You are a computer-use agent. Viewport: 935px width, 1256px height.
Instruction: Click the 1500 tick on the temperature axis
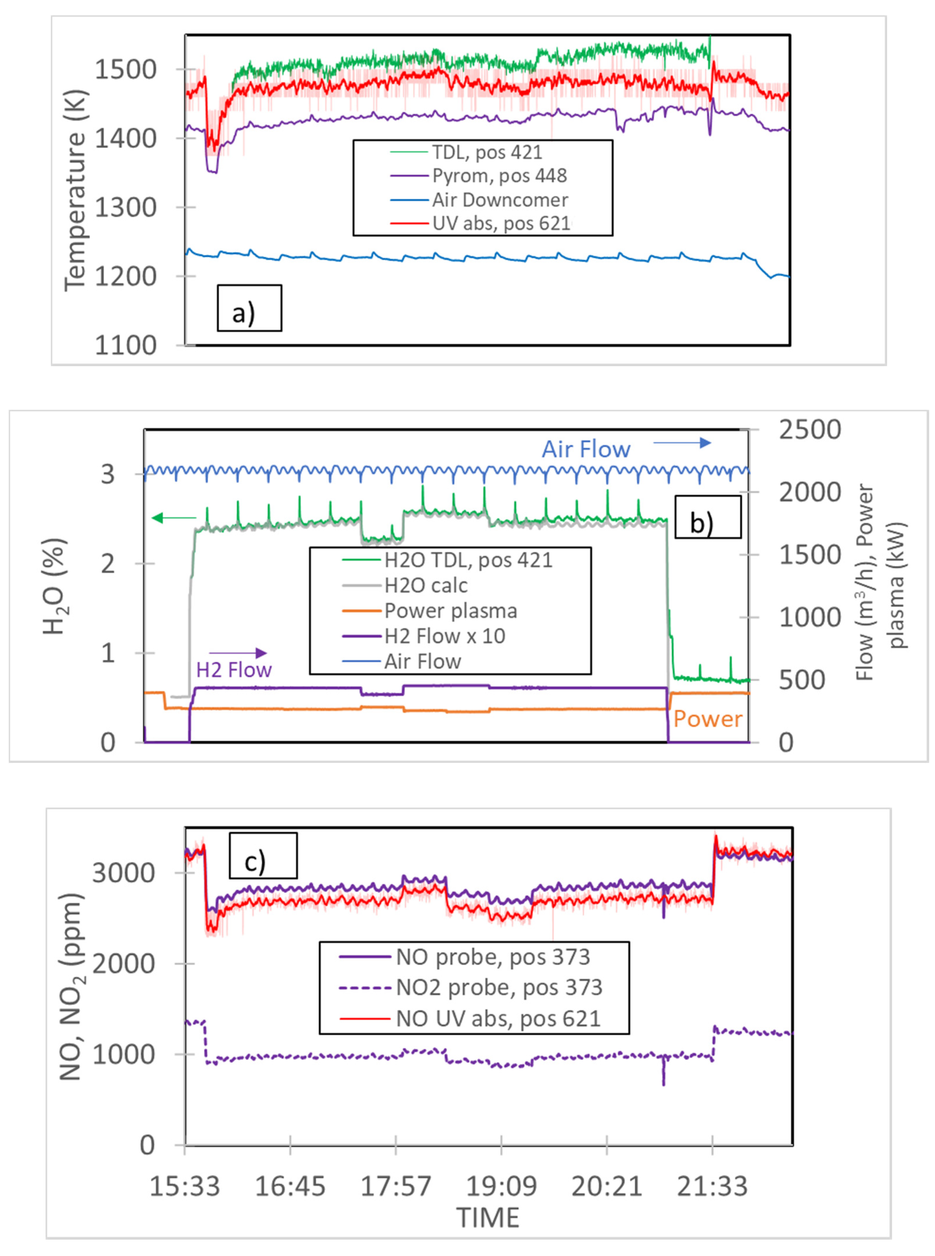click(125, 70)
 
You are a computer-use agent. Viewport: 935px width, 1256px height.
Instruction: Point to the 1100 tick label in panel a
click(125, 345)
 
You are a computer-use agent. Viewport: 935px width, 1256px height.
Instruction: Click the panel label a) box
click(249, 308)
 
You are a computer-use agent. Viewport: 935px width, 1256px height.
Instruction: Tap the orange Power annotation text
click(707, 719)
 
